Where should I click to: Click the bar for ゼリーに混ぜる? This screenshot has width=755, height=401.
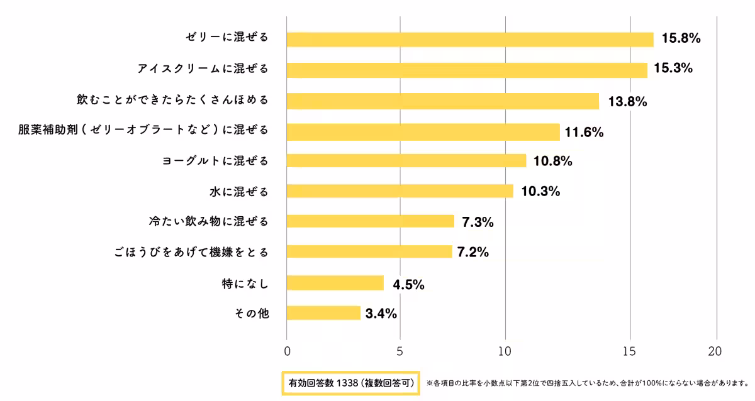pos(470,39)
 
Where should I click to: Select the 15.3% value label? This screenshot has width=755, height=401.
pos(673,69)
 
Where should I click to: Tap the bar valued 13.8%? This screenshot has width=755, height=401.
pos(443,101)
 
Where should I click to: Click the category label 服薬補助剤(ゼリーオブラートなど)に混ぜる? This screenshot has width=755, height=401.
pos(143,131)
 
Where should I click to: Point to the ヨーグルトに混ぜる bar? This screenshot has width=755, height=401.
pos(406,161)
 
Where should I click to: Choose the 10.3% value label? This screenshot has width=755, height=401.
pos(540,191)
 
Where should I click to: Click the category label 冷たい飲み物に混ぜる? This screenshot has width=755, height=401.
pos(208,221)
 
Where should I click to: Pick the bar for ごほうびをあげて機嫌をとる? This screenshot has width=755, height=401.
pos(369,251)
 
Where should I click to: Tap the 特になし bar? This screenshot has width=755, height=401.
pos(335,283)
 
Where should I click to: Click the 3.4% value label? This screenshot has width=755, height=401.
pos(381,314)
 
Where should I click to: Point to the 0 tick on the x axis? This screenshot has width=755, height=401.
pos(287,351)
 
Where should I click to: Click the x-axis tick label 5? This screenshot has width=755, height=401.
pos(400,351)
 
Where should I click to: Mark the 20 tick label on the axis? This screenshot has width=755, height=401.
pos(715,351)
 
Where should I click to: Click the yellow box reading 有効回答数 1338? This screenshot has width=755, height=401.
pos(350,383)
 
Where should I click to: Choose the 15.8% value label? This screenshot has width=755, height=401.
pos(680,38)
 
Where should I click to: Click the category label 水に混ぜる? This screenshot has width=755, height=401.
pos(239,191)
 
